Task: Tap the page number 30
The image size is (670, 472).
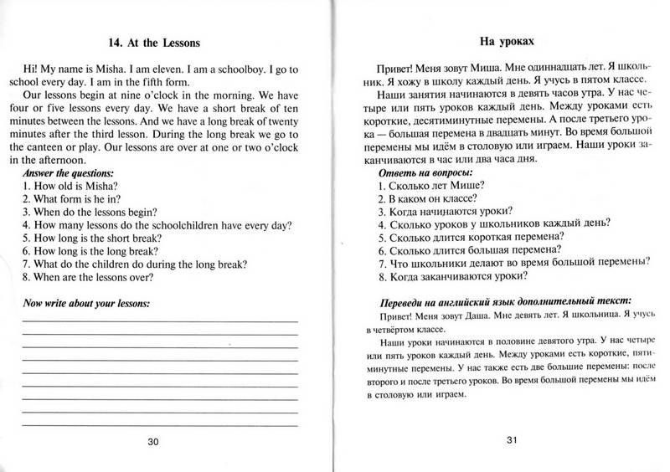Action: [x=152, y=441]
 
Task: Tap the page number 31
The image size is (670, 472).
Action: [x=505, y=441]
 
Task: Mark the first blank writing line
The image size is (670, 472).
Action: [x=159, y=321]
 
